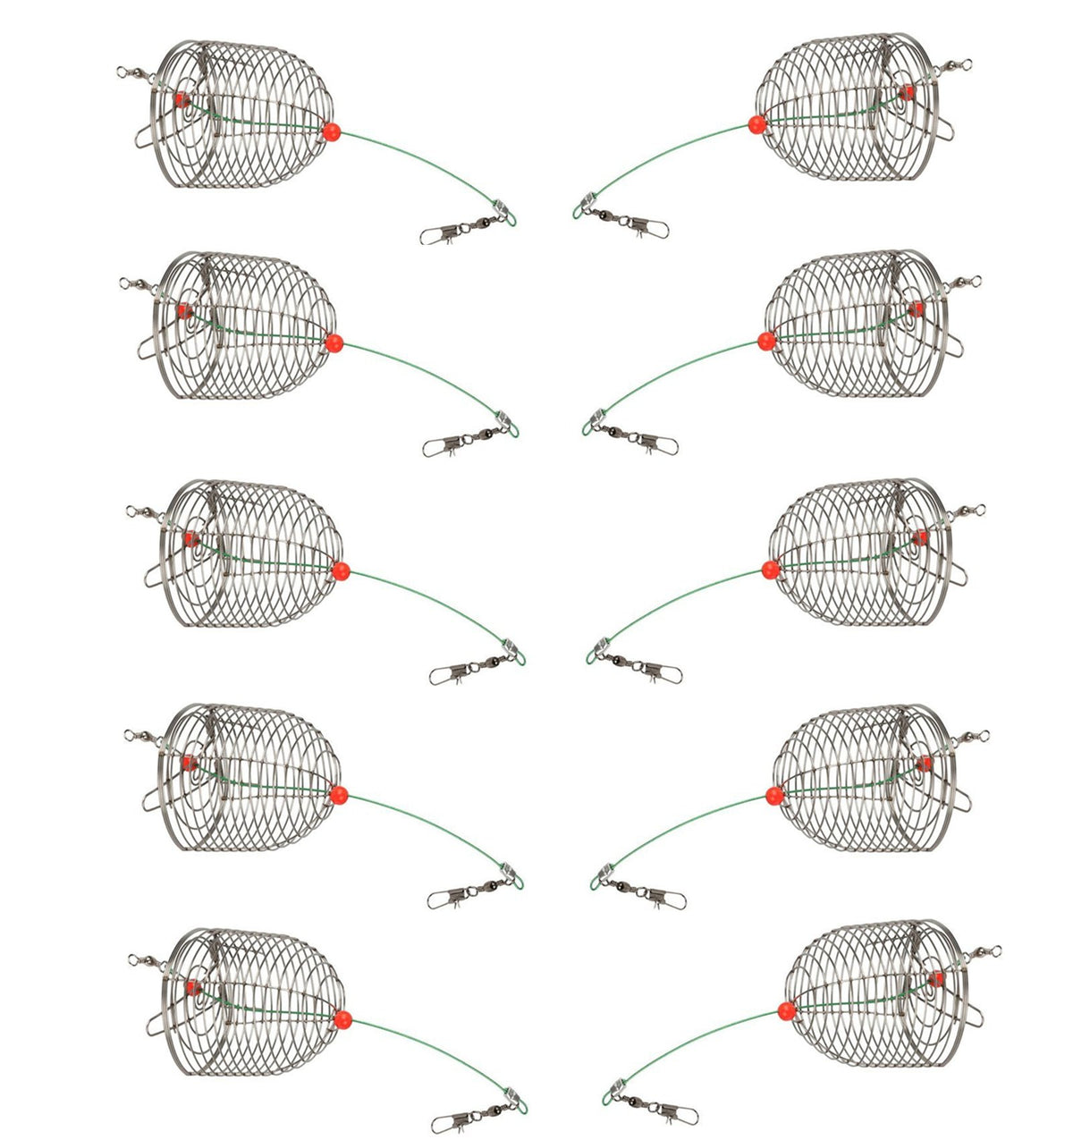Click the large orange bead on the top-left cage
(330, 131)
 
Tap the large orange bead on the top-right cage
(756, 124)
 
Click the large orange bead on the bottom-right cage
(786, 1011)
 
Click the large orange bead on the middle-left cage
(340, 571)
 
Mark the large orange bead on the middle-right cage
(770, 569)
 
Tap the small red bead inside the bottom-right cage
(935, 980)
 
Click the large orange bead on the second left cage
(334, 342)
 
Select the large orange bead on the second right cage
(765, 340)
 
